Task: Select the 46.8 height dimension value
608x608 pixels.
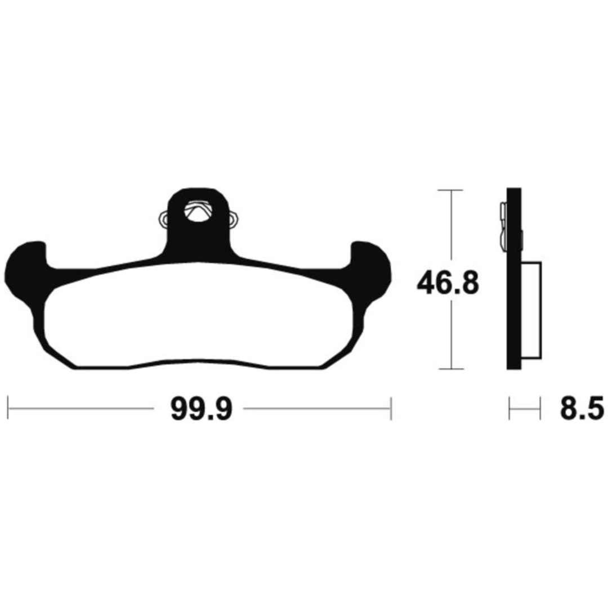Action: click(x=448, y=283)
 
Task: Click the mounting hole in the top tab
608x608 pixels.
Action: click(x=198, y=211)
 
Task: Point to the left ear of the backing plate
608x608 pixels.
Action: click(x=24, y=271)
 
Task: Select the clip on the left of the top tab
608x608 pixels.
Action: click(x=163, y=220)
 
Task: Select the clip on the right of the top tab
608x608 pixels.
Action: click(x=234, y=220)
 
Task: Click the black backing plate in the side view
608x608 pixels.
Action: click(x=514, y=279)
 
